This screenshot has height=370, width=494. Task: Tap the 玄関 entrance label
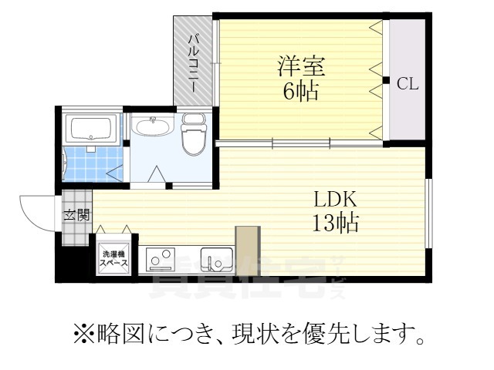(75, 216)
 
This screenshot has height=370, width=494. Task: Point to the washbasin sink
(154, 126)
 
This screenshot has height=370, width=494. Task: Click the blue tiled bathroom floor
(93, 164)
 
